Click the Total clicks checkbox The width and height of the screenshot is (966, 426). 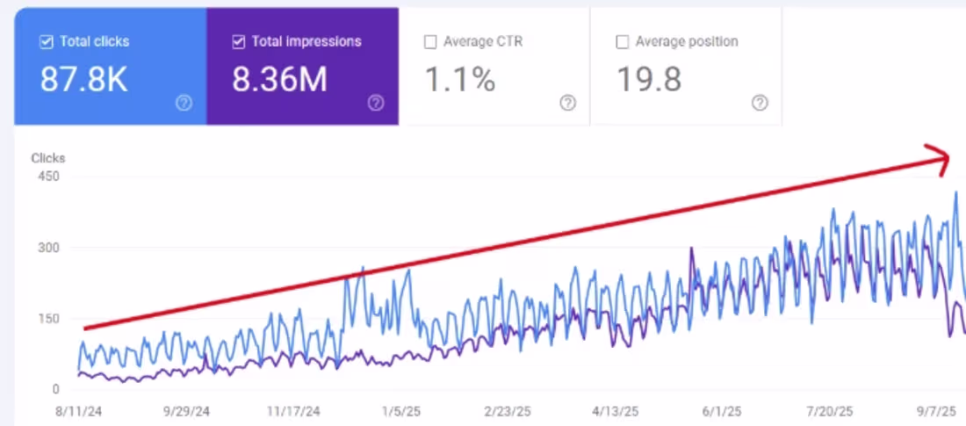pyautogui.click(x=47, y=41)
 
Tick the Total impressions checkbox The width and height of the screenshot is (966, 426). pyautogui.click(x=239, y=41)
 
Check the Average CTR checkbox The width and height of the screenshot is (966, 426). pyautogui.click(x=430, y=41)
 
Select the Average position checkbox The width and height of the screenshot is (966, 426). pyautogui.click(x=623, y=41)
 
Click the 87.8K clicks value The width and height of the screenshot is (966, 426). pyautogui.click(x=84, y=80)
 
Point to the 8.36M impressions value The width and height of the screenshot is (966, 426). pyautogui.click(x=279, y=80)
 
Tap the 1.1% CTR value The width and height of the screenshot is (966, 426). pyautogui.click(x=460, y=80)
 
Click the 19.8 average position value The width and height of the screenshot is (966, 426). pyautogui.click(x=649, y=80)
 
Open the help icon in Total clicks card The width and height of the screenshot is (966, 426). pyautogui.click(x=184, y=103)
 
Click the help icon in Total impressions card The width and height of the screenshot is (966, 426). pyautogui.click(x=376, y=103)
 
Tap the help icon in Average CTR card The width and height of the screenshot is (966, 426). pyautogui.click(x=568, y=103)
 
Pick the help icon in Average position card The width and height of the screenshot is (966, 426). pyautogui.click(x=760, y=103)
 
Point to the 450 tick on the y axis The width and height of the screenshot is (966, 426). pyautogui.click(x=47, y=177)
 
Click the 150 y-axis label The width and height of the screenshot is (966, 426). pyautogui.click(x=47, y=318)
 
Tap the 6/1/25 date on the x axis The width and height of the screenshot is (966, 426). pyautogui.click(x=722, y=410)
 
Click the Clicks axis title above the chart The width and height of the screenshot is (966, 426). pyautogui.click(x=47, y=159)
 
